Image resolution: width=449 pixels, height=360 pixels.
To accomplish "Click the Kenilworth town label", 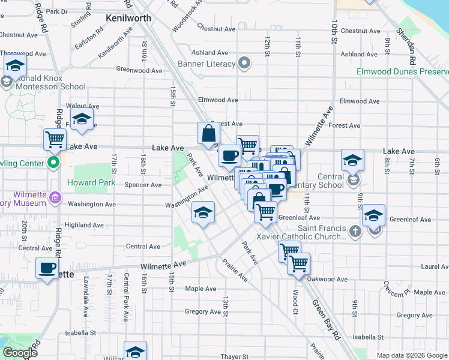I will pyautogui.click(x=128, y=18).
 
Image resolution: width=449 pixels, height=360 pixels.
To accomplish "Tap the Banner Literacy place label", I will pyautogui.click(x=208, y=63).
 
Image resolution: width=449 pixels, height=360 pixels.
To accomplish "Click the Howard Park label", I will pyautogui.click(x=91, y=182).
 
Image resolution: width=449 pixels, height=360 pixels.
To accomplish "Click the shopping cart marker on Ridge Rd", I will pyautogui.click(x=55, y=139).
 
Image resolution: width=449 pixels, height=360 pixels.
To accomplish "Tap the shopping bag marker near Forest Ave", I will pyautogui.click(x=208, y=133).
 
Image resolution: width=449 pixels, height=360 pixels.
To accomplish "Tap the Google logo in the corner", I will pyautogui.click(x=20, y=353).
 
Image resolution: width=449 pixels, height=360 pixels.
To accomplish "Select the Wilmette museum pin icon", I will pyautogui.click(x=55, y=197).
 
